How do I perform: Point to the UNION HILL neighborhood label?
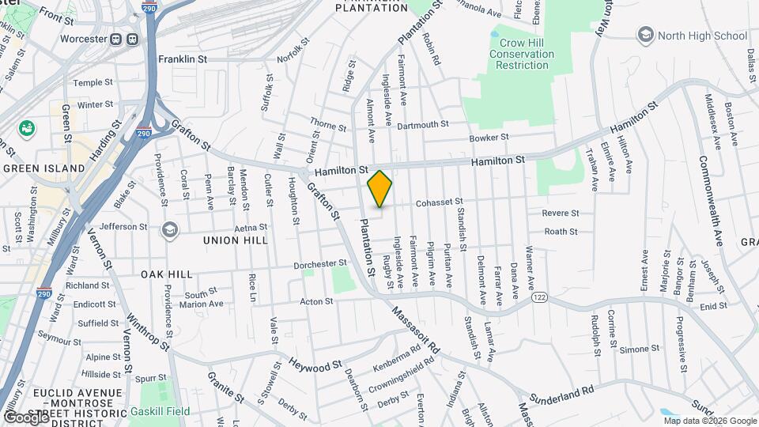(231, 240)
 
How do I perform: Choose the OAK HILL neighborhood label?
(167, 274)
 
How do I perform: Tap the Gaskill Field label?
(172, 411)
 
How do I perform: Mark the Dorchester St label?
(320, 263)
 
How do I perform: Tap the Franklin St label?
(182, 59)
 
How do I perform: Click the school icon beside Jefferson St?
(168, 229)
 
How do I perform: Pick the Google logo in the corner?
(25, 417)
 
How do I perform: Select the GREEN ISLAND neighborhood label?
(43, 168)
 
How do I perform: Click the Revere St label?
(561, 213)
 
